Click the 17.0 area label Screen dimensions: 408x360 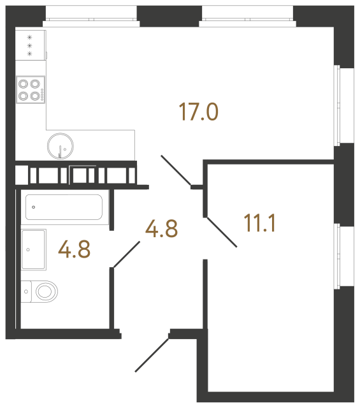tap(199, 113)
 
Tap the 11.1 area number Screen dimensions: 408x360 tap(259, 224)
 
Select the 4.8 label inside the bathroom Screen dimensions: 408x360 tap(74, 249)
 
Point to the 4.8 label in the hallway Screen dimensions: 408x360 tap(161, 228)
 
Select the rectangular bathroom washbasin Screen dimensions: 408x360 tap(33, 249)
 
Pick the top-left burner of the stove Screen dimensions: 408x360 tap(24, 84)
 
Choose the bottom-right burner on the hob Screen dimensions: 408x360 tap(35, 96)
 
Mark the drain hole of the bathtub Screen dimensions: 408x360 tap(33, 207)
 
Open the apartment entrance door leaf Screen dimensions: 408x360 tap(152, 355)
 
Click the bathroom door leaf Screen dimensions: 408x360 tap(126, 254)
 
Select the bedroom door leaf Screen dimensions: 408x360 tap(220, 231)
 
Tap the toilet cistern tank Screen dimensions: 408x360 tap(26, 292)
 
